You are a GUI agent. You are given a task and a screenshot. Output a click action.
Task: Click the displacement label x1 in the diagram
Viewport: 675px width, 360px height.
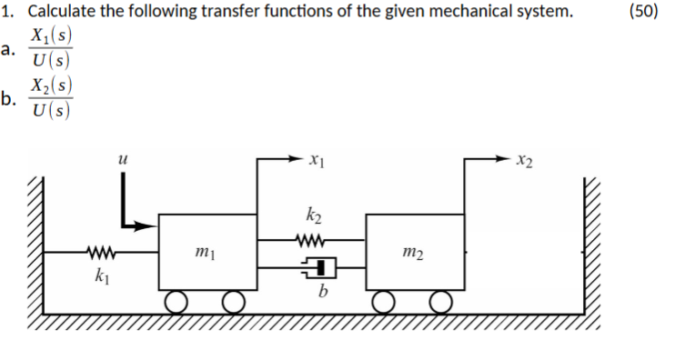tap(317, 162)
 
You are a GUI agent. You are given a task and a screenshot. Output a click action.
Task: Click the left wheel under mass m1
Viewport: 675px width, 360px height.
tap(177, 300)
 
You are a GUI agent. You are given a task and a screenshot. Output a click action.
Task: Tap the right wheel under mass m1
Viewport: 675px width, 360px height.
tap(234, 300)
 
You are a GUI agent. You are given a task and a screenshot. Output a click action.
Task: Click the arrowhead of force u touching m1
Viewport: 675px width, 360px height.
tap(151, 224)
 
